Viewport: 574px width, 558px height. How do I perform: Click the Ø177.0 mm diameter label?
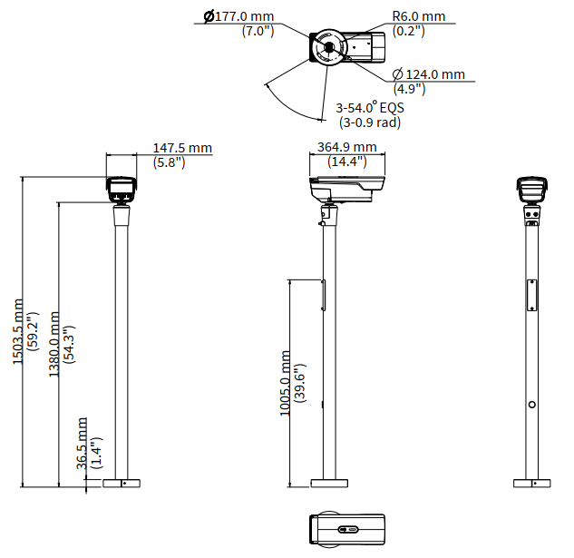click(x=238, y=16)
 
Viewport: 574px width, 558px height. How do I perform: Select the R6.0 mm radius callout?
click(x=419, y=16)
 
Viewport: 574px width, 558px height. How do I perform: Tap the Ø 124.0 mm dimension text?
click(x=429, y=74)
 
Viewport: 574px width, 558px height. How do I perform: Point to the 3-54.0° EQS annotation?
click(x=370, y=108)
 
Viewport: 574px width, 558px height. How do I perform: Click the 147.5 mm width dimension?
click(x=182, y=148)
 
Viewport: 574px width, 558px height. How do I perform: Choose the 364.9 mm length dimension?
click(x=347, y=147)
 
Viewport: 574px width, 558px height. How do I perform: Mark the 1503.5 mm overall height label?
click(x=18, y=331)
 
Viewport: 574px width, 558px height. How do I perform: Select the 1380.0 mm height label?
click(x=54, y=345)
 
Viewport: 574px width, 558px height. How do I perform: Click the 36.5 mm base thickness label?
click(x=82, y=444)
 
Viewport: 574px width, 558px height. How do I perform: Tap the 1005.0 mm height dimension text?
click(x=285, y=384)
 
